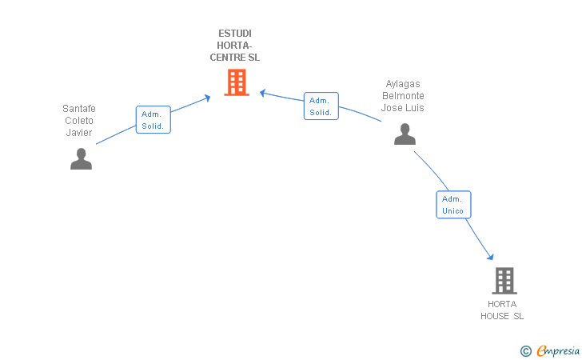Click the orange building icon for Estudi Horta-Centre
click(x=237, y=82)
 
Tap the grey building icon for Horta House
click(x=504, y=281)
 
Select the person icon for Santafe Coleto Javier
click(x=81, y=159)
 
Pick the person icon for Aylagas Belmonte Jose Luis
click(x=405, y=134)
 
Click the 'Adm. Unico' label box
click(x=453, y=205)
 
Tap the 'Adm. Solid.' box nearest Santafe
click(x=153, y=120)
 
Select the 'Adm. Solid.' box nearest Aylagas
click(x=321, y=106)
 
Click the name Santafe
click(x=79, y=109)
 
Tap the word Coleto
click(x=79, y=121)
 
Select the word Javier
click(x=79, y=133)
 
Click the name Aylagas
click(x=403, y=84)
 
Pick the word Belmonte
click(x=403, y=96)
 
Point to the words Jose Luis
click(x=403, y=108)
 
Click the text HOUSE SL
click(x=502, y=316)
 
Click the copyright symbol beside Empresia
click(x=525, y=350)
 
